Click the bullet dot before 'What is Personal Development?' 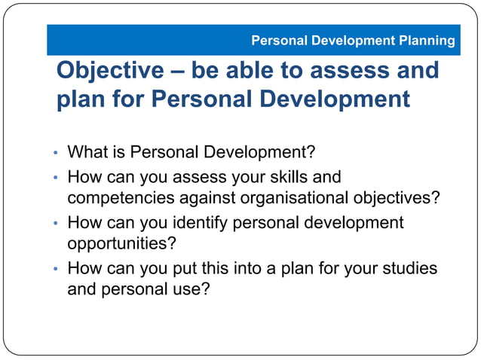pos(55,154)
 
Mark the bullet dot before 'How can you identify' pos(55,224)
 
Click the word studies pos(410,268)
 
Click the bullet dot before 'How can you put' pos(55,269)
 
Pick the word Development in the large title pos(333,99)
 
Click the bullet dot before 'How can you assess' pos(55,178)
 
